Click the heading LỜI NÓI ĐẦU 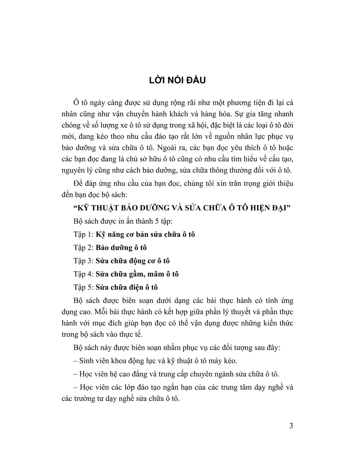pyautogui.click(x=177, y=80)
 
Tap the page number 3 pyautogui.click(x=291, y=426)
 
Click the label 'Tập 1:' pyautogui.click(x=84, y=234)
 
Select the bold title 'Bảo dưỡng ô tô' pyautogui.click(x=121, y=248)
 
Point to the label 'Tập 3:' pyautogui.click(x=84, y=261)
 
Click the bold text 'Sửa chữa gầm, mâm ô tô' pyautogui.click(x=137, y=274)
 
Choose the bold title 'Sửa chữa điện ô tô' pyautogui.click(x=127, y=287)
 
